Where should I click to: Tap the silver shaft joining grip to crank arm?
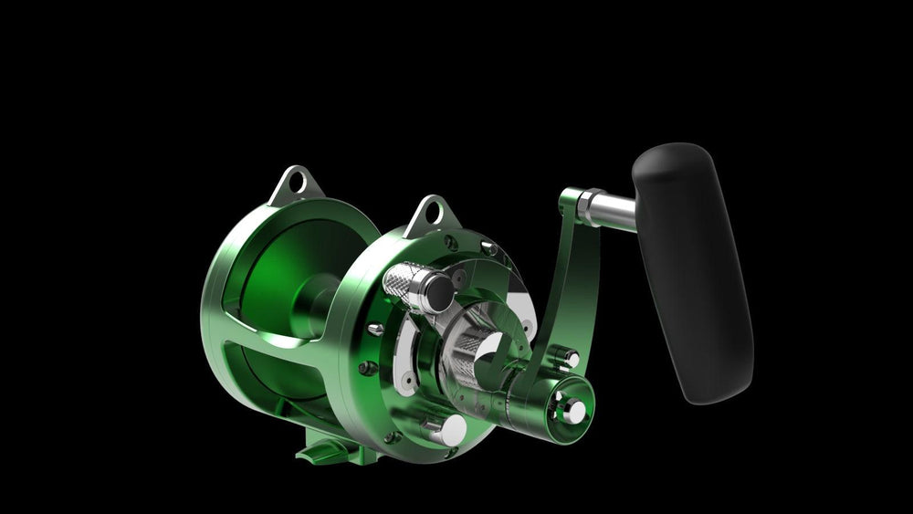click(607, 207)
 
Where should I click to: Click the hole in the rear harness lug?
click(294, 184)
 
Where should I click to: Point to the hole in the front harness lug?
click(430, 214)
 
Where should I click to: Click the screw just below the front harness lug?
click(450, 242)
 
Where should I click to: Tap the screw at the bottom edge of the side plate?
click(393, 437)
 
